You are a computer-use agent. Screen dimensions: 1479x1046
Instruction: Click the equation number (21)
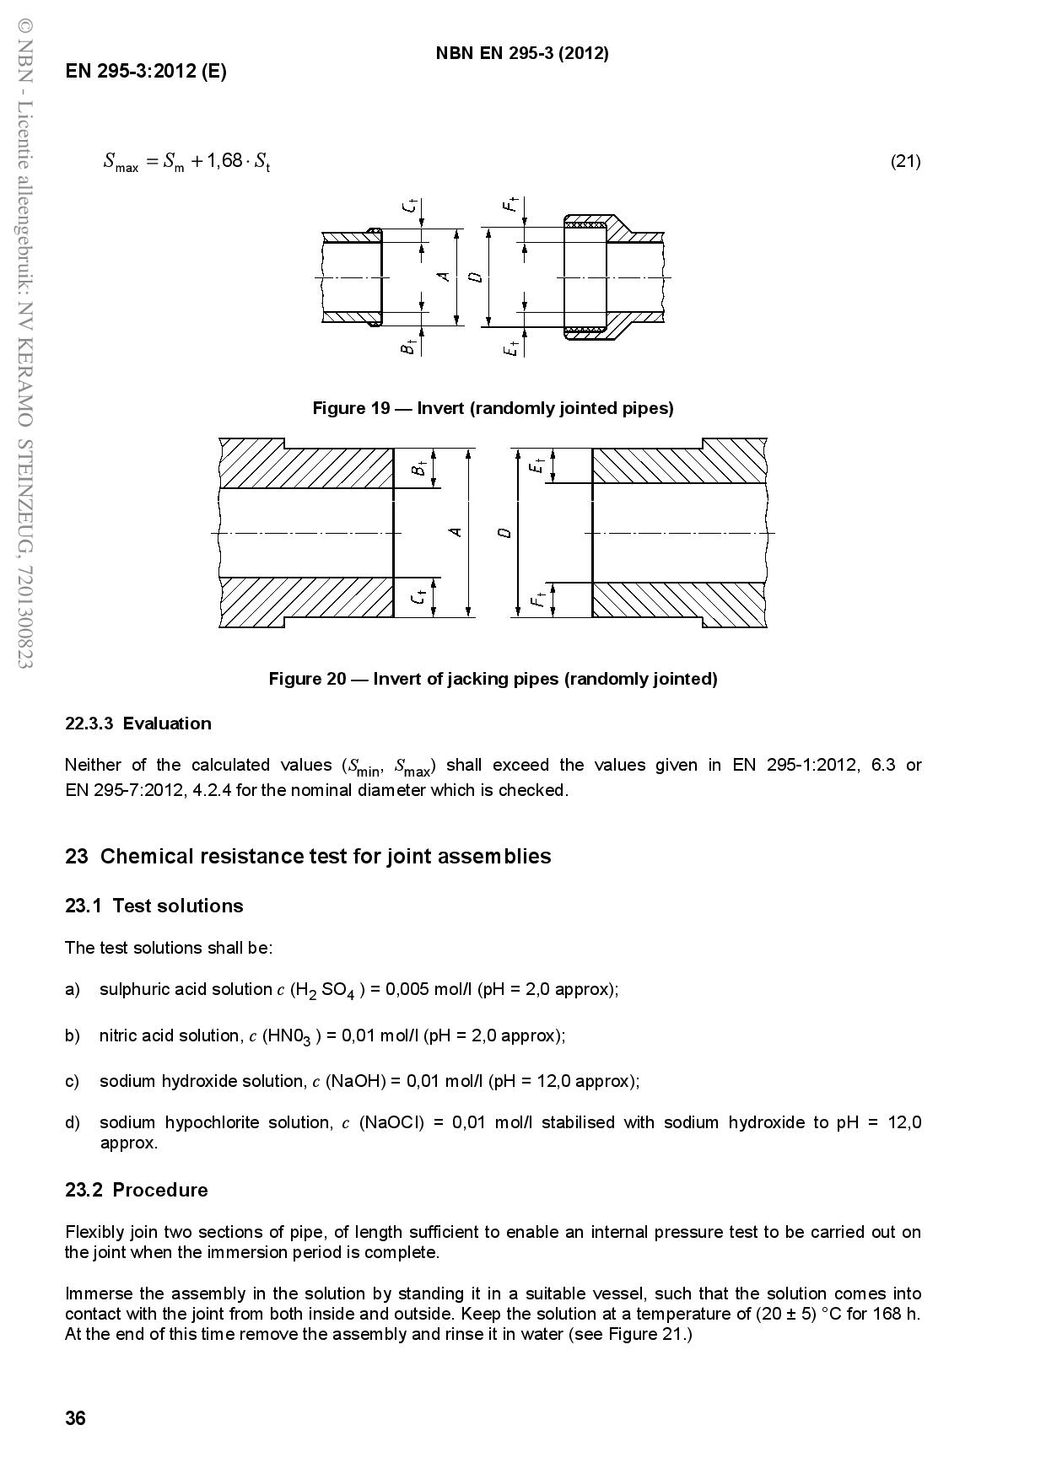coord(905,161)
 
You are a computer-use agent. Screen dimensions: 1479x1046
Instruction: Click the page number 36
coord(75,1418)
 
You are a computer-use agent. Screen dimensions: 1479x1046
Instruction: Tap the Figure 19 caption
coord(493,408)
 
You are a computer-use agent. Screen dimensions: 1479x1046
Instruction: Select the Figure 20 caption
coord(493,679)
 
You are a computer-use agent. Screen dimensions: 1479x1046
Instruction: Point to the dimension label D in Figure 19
coord(477,277)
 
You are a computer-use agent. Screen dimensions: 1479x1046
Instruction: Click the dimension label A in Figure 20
coord(456,532)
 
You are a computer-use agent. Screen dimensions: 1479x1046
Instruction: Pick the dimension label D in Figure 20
coord(504,532)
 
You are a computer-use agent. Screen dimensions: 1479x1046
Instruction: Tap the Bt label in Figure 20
coord(419,467)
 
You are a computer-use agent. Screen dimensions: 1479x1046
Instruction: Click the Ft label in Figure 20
coord(536,600)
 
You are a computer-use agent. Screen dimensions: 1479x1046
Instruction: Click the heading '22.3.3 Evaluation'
coord(138,723)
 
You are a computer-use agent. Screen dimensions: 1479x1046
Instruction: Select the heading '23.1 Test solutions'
coord(154,906)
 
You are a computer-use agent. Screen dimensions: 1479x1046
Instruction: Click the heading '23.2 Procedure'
coord(137,1190)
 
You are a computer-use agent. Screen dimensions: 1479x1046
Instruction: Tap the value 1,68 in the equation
coord(224,160)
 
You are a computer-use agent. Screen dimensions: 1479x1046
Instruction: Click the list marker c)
coord(72,1081)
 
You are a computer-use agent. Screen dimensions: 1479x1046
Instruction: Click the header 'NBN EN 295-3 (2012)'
coord(522,53)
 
